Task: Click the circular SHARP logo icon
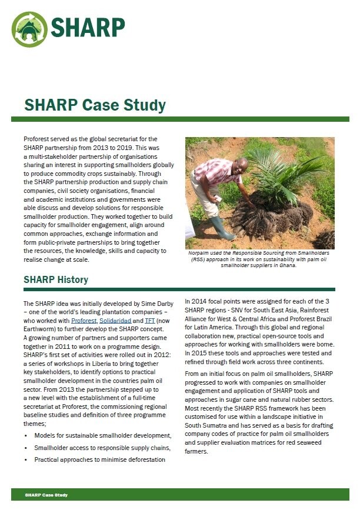click(x=29, y=29)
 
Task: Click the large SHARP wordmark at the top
click(x=88, y=27)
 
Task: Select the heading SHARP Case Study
click(x=95, y=105)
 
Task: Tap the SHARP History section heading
click(x=56, y=279)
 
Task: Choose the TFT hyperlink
click(x=150, y=320)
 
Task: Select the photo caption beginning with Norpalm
click(x=259, y=258)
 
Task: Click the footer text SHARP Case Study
click(x=46, y=495)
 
